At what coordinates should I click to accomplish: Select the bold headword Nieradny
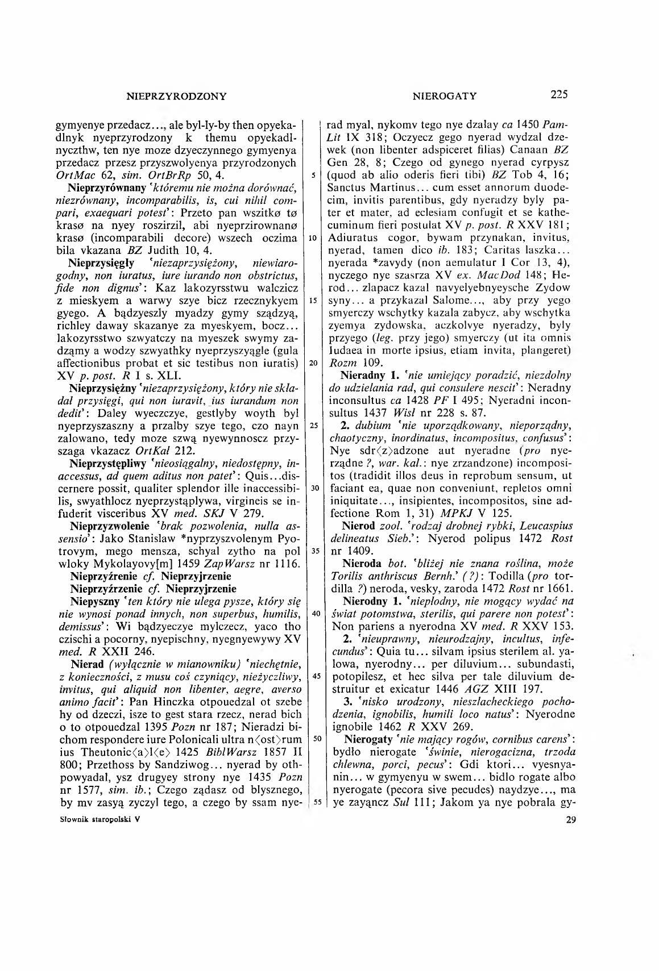tap(361, 376)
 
